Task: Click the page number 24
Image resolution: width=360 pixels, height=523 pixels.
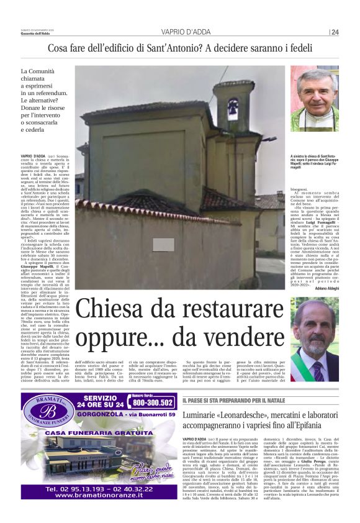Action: (x=335, y=32)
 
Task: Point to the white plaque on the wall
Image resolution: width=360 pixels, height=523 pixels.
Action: (x=146, y=244)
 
